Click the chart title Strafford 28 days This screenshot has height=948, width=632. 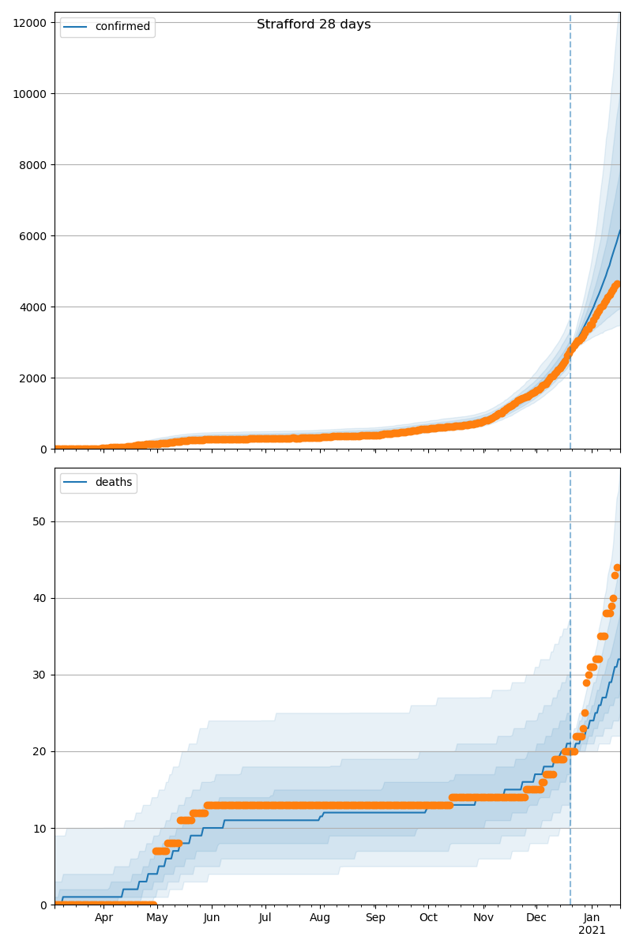[x=314, y=24]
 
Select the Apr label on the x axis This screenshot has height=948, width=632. [x=103, y=918]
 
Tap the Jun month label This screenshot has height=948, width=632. [x=212, y=918]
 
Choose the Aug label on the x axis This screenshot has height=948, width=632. [x=320, y=918]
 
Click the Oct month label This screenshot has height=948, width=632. [x=428, y=918]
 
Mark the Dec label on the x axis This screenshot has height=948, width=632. [x=536, y=918]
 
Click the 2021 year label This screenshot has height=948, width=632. [x=592, y=931]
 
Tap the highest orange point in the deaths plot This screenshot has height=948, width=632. [x=617, y=567]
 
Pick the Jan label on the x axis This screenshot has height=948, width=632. [x=592, y=918]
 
